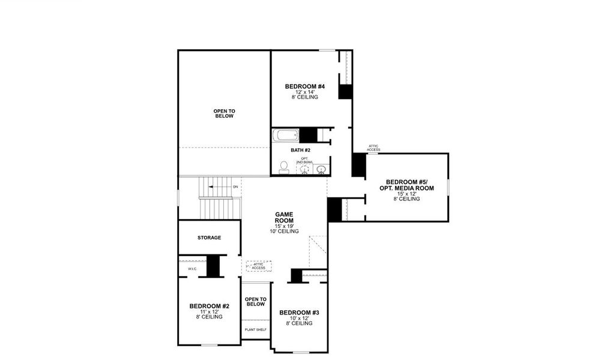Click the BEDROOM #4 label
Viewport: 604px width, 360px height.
tap(304, 87)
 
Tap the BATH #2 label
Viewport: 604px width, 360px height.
tap(300, 150)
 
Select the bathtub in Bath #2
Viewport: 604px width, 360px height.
tap(285, 136)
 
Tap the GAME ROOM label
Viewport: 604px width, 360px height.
tap(284, 217)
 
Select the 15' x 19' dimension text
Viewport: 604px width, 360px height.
tap(284, 226)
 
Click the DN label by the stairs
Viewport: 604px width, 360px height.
tap(235, 187)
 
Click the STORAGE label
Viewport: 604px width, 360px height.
tap(209, 238)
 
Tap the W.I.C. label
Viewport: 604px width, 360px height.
tap(192, 269)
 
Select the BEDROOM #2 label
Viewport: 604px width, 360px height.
tap(209, 306)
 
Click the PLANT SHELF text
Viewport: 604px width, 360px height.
tap(256, 329)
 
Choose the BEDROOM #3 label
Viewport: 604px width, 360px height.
tap(299, 313)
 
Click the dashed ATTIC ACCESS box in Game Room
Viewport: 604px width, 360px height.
tap(259, 266)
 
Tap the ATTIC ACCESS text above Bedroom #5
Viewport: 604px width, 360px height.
tap(373, 148)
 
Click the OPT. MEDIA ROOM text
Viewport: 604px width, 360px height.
tap(406, 188)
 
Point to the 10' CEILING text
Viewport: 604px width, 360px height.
tap(284, 231)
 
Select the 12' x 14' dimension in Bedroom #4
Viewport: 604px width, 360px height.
tap(304, 92)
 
